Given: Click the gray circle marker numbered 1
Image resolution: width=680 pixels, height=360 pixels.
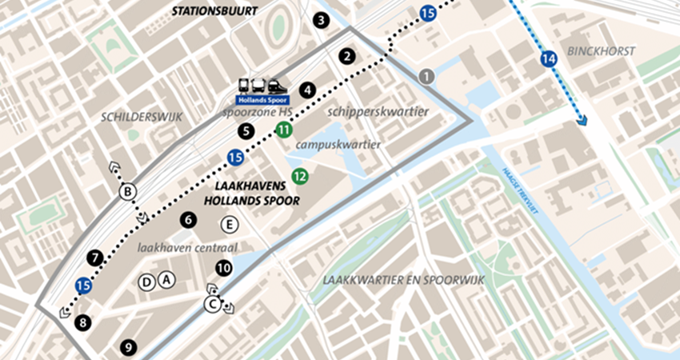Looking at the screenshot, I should [x=426, y=76].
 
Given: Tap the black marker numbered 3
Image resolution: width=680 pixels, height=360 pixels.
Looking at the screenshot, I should [x=321, y=21].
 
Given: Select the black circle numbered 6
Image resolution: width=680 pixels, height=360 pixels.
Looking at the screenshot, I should [x=188, y=219].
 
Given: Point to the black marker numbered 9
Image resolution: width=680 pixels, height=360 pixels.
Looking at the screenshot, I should [x=126, y=347].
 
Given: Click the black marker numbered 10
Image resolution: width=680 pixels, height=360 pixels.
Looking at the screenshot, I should [x=224, y=268].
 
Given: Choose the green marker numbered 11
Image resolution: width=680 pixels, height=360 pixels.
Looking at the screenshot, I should [x=283, y=130].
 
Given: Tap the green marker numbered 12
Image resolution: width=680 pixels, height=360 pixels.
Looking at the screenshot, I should [x=299, y=177].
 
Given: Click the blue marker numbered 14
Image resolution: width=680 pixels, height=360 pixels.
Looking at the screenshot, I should [x=548, y=58].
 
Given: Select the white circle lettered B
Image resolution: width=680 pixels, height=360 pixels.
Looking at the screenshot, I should [x=126, y=191].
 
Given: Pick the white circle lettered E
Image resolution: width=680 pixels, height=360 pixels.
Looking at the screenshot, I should [x=230, y=224].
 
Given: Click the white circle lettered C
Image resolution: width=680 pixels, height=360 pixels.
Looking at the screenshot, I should [x=213, y=303].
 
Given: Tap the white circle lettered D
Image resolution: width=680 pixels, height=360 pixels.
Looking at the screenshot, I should [x=146, y=281].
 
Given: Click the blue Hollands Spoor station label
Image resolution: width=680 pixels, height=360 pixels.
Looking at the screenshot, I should [x=262, y=101].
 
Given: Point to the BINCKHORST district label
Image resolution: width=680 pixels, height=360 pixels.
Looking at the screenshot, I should [x=600, y=51].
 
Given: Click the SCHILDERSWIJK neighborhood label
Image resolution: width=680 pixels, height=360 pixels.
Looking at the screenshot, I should [x=142, y=117].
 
